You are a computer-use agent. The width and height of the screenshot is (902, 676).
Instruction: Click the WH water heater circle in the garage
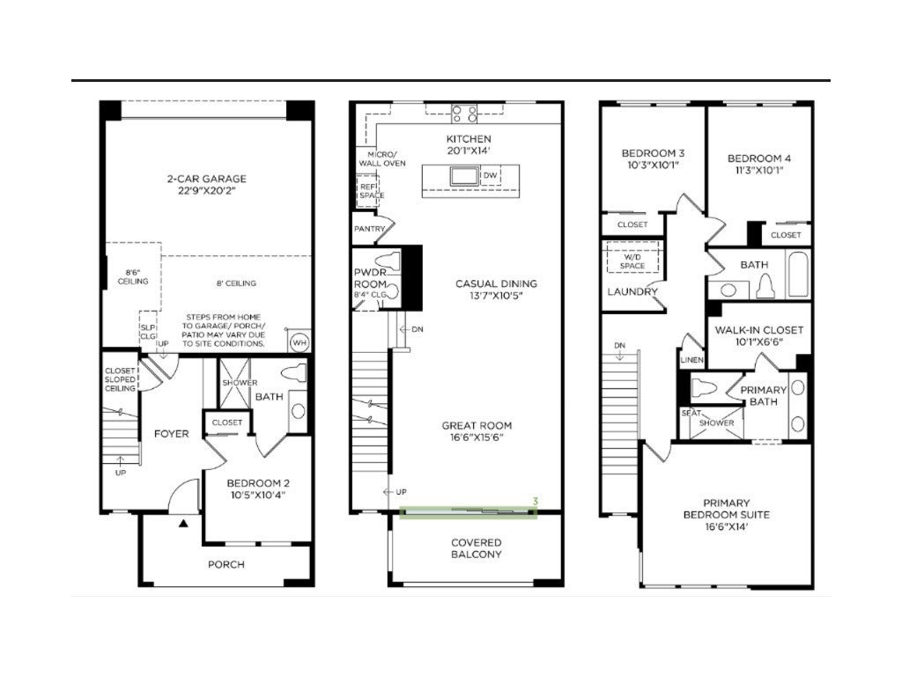(299, 343)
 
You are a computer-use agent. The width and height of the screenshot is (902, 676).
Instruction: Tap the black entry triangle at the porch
(183, 523)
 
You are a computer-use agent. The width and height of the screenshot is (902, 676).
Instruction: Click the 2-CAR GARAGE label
(207, 179)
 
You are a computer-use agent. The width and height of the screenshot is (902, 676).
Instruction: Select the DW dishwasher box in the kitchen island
(490, 175)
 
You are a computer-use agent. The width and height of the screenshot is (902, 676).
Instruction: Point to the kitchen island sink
(465, 175)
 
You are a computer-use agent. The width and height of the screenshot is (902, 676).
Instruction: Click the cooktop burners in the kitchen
(464, 114)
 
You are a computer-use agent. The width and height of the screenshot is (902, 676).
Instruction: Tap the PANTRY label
(369, 229)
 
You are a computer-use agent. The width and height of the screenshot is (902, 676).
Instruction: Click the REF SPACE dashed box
(368, 190)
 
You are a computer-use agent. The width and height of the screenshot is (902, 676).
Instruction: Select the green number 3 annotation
(535, 501)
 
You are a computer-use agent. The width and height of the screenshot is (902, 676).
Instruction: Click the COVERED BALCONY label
(477, 548)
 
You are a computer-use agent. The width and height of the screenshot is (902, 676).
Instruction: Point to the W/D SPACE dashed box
(632, 258)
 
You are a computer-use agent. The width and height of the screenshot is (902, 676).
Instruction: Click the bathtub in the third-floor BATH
(798, 275)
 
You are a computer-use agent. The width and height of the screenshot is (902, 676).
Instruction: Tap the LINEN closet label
(691, 360)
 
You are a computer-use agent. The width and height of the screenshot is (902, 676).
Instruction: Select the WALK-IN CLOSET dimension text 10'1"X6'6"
(758, 342)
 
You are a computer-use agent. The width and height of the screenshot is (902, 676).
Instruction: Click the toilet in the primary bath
(705, 388)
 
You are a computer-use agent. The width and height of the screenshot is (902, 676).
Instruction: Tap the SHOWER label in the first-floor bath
(240, 383)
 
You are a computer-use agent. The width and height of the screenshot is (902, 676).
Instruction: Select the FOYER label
(172, 434)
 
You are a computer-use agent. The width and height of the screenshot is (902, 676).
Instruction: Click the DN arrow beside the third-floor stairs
(619, 356)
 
